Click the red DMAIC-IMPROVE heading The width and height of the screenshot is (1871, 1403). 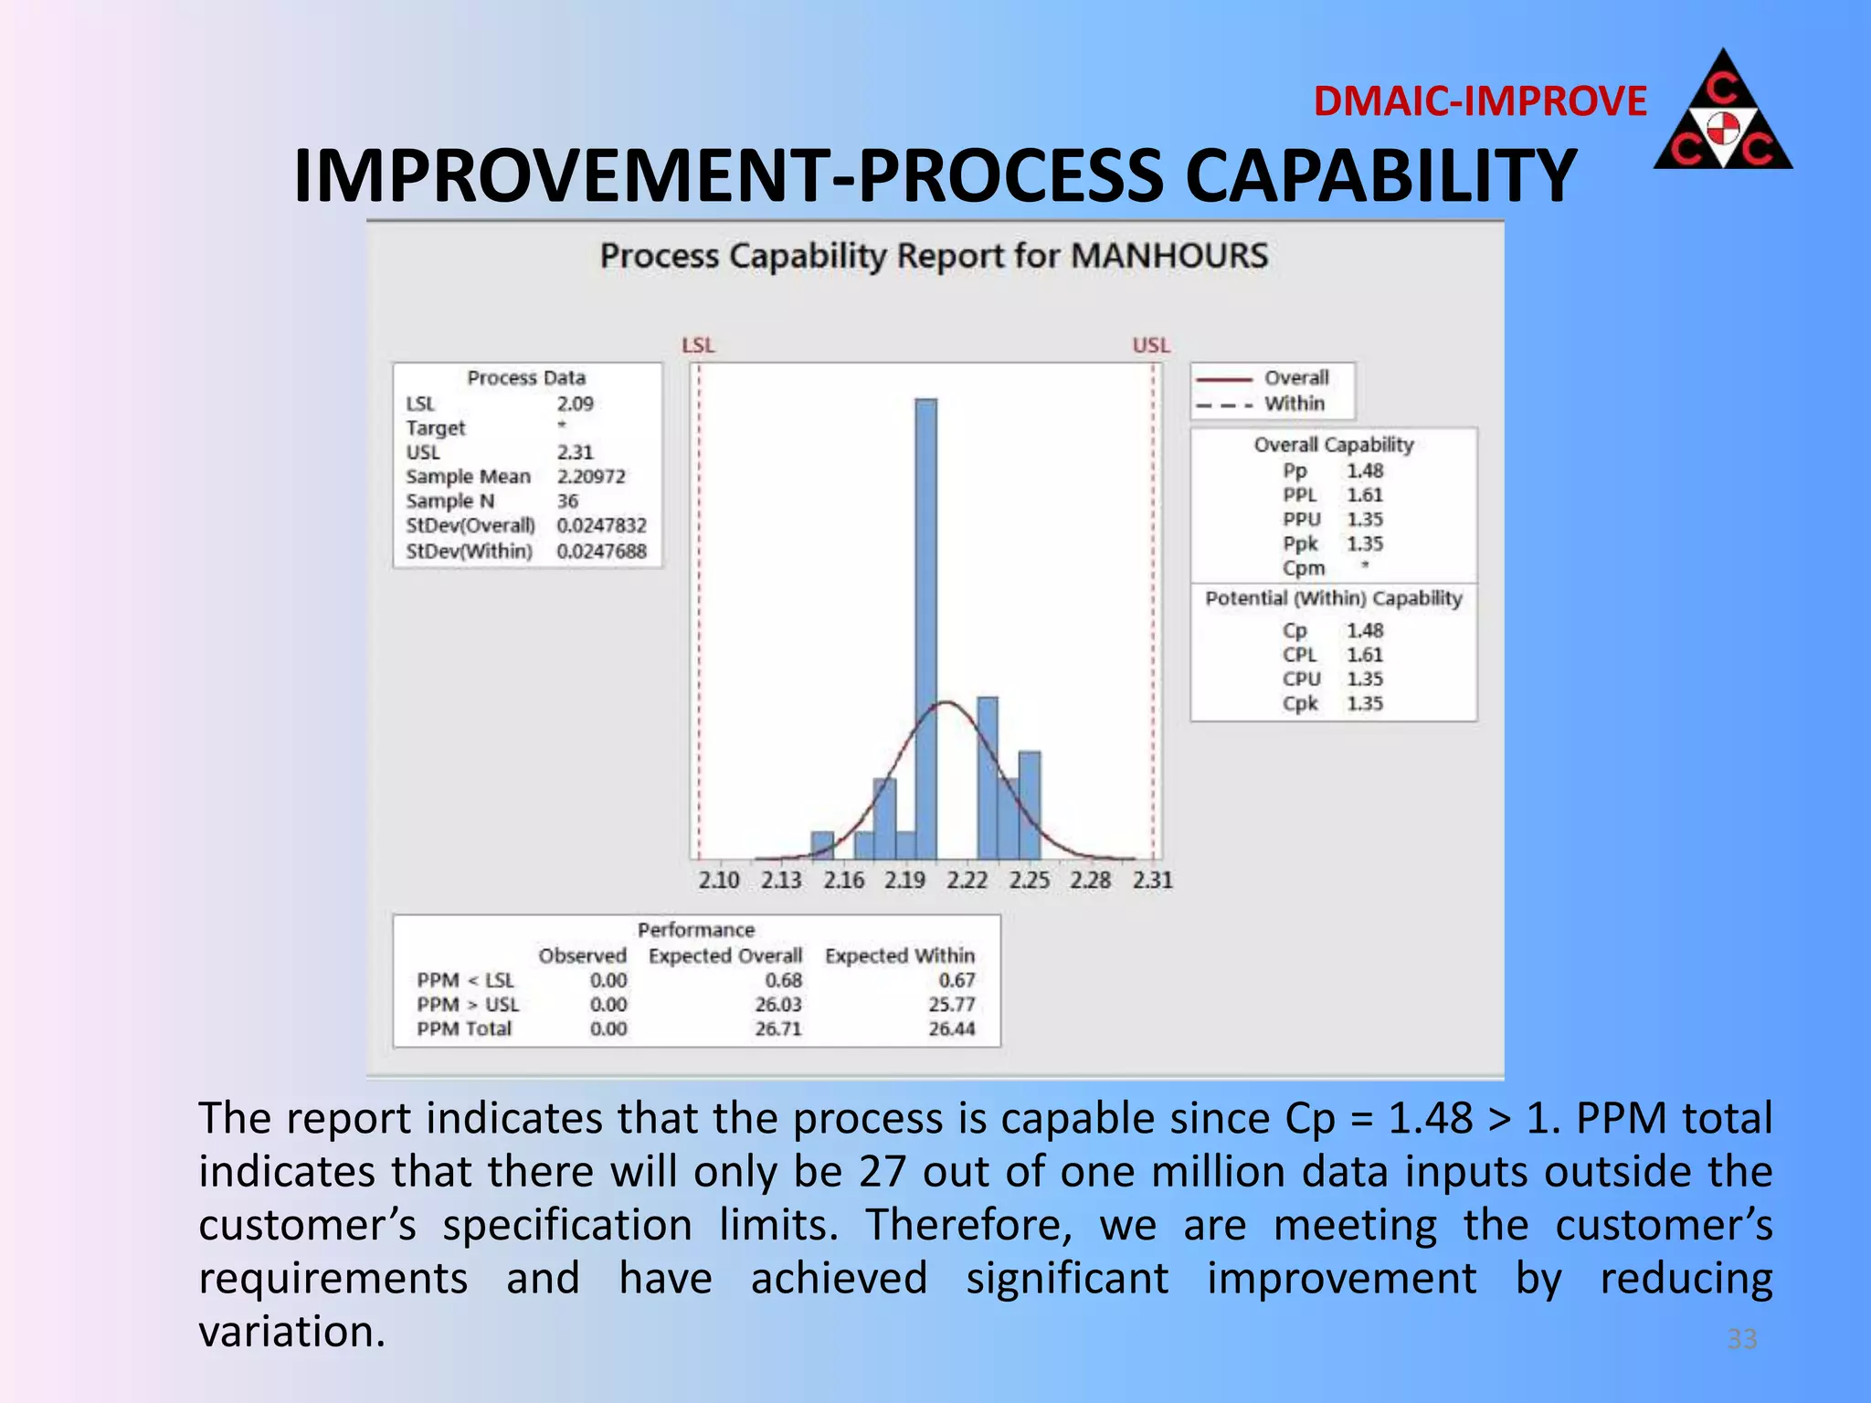pos(1479,101)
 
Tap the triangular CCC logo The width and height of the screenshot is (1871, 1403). pos(1722,113)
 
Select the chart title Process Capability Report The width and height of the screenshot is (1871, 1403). pos(934,256)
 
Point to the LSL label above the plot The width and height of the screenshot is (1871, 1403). pos(698,345)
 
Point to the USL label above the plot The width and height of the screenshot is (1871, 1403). pos(1151,345)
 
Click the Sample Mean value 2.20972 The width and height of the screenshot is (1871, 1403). pos(591,477)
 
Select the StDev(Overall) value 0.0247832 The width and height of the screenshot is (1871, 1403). pos(601,526)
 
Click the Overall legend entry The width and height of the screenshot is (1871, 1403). pos(1295,378)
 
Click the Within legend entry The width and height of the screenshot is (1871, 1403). pos(1294,404)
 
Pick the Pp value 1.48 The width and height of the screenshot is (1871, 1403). pos(1365,471)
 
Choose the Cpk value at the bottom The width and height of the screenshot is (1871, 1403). pos(1365,704)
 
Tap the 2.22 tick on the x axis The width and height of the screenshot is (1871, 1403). pos(967,881)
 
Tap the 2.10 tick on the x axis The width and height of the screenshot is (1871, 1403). pos(719,881)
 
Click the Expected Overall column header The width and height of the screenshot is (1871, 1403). pos(725,956)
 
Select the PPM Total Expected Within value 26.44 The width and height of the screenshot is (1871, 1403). pos(952,1029)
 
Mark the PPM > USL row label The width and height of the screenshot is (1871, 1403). pos(468,1005)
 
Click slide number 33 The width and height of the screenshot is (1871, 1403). pos(1741,1339)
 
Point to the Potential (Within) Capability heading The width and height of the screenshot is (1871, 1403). pos(1333,599)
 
